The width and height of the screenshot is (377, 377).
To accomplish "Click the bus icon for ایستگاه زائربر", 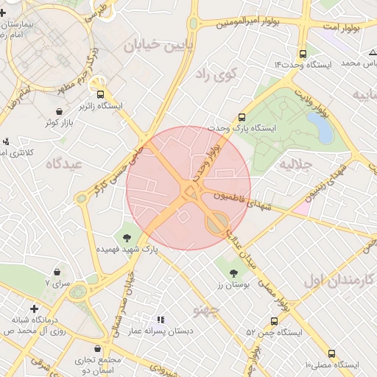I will click(x=101, y=94).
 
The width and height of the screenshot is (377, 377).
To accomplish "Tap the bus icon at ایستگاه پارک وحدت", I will click(x=242, y=116).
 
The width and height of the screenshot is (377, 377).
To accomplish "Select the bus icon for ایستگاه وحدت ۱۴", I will click(x=303, y=54).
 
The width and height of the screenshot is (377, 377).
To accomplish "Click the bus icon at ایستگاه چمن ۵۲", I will click(x=274, y=321).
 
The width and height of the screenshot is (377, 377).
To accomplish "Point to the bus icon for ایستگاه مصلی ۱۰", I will click(x=331, y=353).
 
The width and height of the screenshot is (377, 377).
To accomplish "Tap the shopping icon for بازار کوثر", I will click(x=59, y=111).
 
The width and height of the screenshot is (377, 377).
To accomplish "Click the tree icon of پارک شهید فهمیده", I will click(x=128, y=237).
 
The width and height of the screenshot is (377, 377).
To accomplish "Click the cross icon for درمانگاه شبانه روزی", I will click(x=34, y=309).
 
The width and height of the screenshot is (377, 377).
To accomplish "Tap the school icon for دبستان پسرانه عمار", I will click(x=160, y=320).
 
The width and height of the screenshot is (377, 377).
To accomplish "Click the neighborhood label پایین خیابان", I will click(x=152, y=47).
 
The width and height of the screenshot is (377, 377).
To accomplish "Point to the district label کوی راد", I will click(x=218, y=74).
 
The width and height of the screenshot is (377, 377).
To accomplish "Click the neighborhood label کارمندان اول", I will click(x=339, y=281).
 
